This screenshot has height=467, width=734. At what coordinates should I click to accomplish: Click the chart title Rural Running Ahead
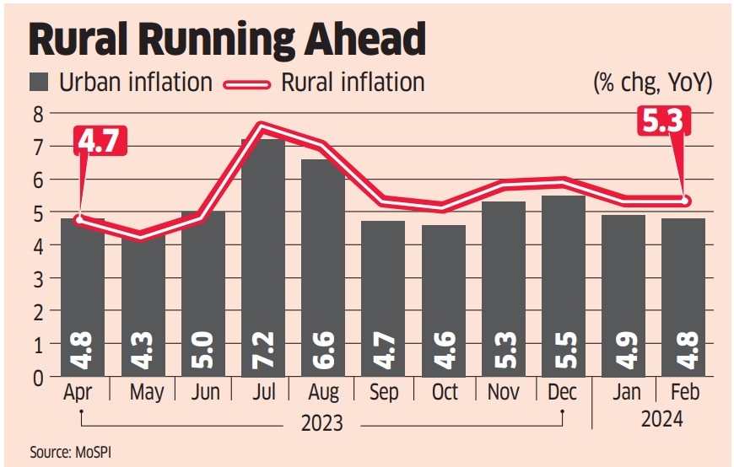226,40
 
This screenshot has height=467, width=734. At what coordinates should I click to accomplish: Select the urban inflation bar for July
262,253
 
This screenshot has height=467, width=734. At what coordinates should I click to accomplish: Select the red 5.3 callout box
661,123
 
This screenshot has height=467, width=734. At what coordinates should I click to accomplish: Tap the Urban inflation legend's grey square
40,82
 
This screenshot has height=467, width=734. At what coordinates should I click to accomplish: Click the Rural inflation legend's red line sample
246,83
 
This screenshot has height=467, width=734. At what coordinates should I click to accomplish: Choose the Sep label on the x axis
383,393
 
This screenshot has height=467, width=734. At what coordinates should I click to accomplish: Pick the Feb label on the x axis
683,393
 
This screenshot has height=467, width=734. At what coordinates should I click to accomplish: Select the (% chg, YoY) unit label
653,83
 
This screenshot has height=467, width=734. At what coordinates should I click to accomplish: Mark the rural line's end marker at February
684,201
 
